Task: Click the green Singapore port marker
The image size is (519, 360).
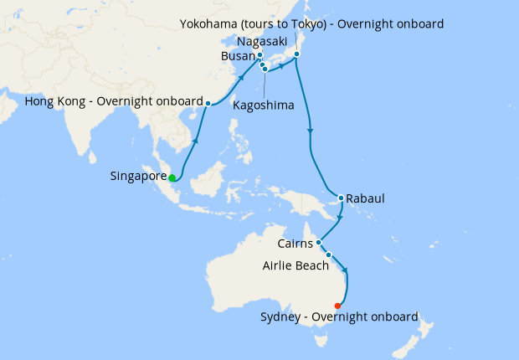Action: coord(172,177)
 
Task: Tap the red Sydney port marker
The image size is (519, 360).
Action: coord(337,306)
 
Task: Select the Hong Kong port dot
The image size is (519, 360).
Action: coord(208,103)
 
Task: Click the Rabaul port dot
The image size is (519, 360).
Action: coord(341,198)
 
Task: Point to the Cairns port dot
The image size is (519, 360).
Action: coord(320,243)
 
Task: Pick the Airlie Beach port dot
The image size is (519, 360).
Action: coord(329,255)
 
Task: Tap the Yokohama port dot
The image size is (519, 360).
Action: coord(296,55)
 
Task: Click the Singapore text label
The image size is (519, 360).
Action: coord(138,177)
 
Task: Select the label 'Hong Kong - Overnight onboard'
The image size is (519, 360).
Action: coord(114,102)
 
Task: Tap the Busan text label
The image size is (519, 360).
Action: coord(238,56)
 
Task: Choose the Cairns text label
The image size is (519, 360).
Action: coord(295,244)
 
